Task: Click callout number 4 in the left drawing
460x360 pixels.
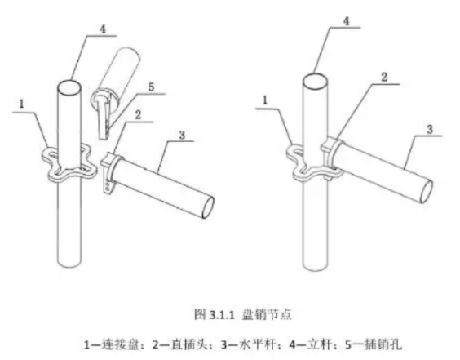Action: [103, 29]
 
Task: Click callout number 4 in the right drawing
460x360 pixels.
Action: [347, 21]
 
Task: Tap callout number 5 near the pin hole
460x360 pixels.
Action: [152, 87]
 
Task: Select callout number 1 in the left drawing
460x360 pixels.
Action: [21, 104]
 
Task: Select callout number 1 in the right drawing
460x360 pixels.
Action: [265, 100]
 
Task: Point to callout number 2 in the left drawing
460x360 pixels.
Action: [138, 115]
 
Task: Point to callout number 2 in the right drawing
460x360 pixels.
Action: [384, 78]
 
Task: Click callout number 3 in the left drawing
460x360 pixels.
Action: [182, 135]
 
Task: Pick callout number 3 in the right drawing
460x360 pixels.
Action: [430, 129]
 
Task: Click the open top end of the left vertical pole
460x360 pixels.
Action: [69, 87]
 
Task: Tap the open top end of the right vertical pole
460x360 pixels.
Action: [315, 81]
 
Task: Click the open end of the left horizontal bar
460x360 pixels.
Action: [208, 207]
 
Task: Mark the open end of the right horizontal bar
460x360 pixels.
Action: [426, 191]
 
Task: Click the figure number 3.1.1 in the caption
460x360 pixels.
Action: [223, 315]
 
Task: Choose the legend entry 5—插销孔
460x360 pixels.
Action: [374, 344]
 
